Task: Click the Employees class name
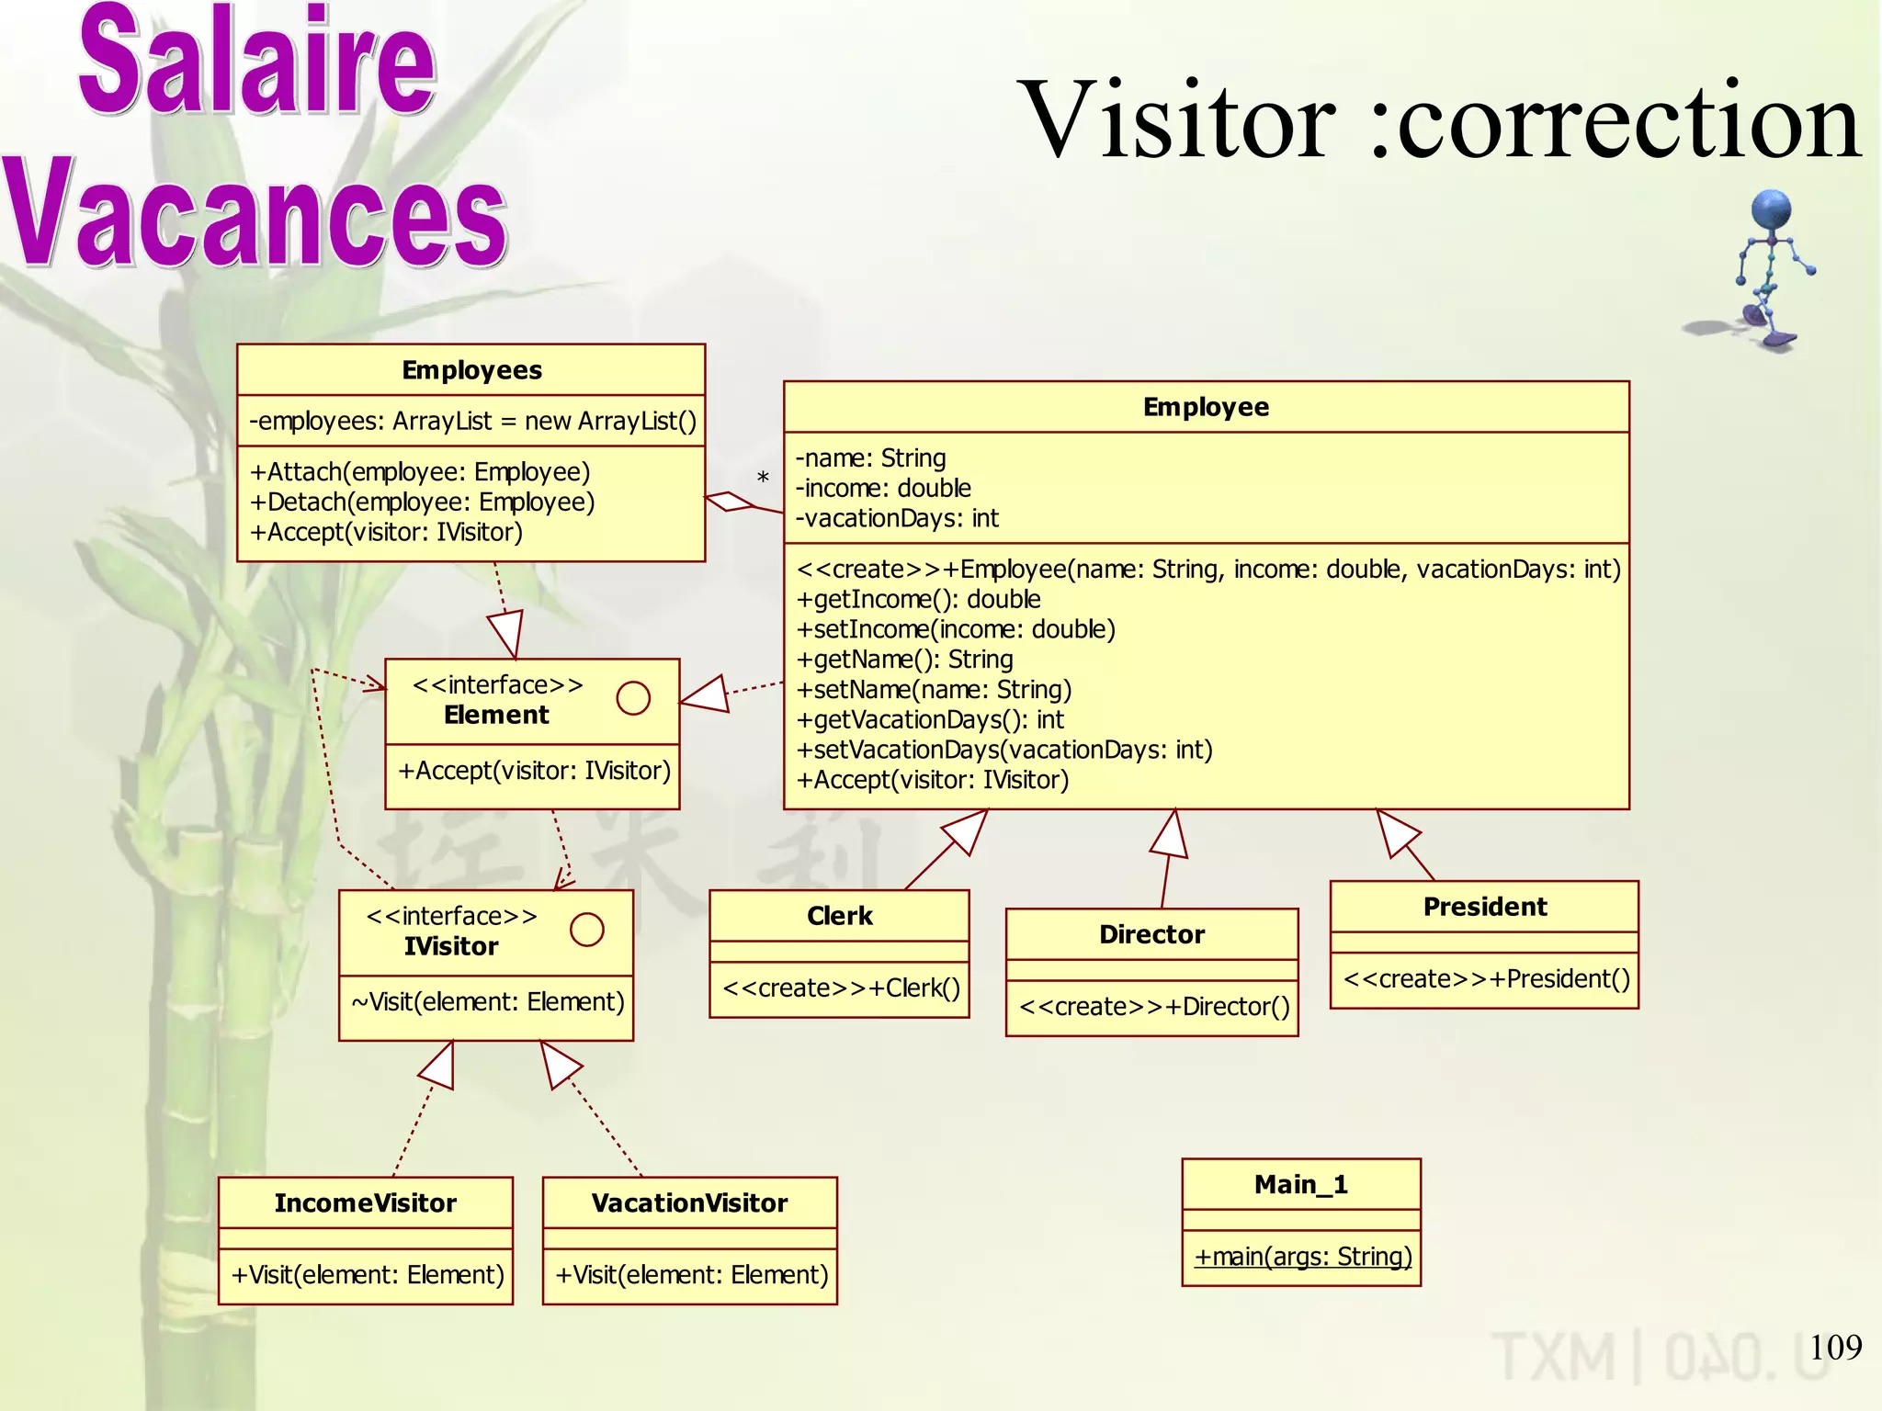471,370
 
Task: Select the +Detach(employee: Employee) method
423,502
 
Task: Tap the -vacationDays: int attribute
897,519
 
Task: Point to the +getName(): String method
904,660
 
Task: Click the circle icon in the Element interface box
633,698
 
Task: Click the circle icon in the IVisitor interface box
586,930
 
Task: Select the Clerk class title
839,916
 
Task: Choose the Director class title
1151,934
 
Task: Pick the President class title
1484,907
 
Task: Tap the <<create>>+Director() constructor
1154,1007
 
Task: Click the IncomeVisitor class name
365,1203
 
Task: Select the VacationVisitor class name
689,1203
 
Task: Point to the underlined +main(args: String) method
1302,1257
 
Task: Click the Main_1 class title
1300,1185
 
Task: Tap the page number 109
1835,1348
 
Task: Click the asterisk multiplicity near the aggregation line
763,479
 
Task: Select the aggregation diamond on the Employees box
730,501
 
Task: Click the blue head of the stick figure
1771,210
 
